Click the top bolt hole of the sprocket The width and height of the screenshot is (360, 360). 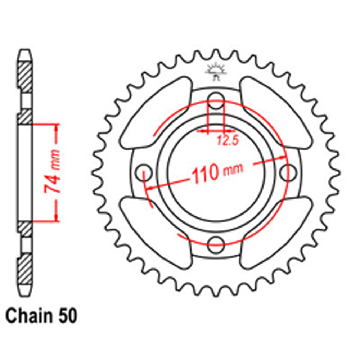pyautogui.click(x=216, y=96)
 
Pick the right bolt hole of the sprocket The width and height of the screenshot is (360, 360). pyautogui.click(x=287, y=170)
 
